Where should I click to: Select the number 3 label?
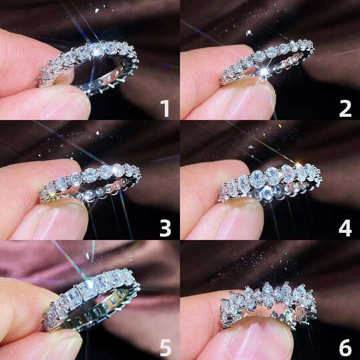point(165,228)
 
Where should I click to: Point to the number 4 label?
point(345,228)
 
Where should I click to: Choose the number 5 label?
point(165,348)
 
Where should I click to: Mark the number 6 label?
point(345,348)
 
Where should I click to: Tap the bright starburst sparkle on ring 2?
point(264,72)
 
